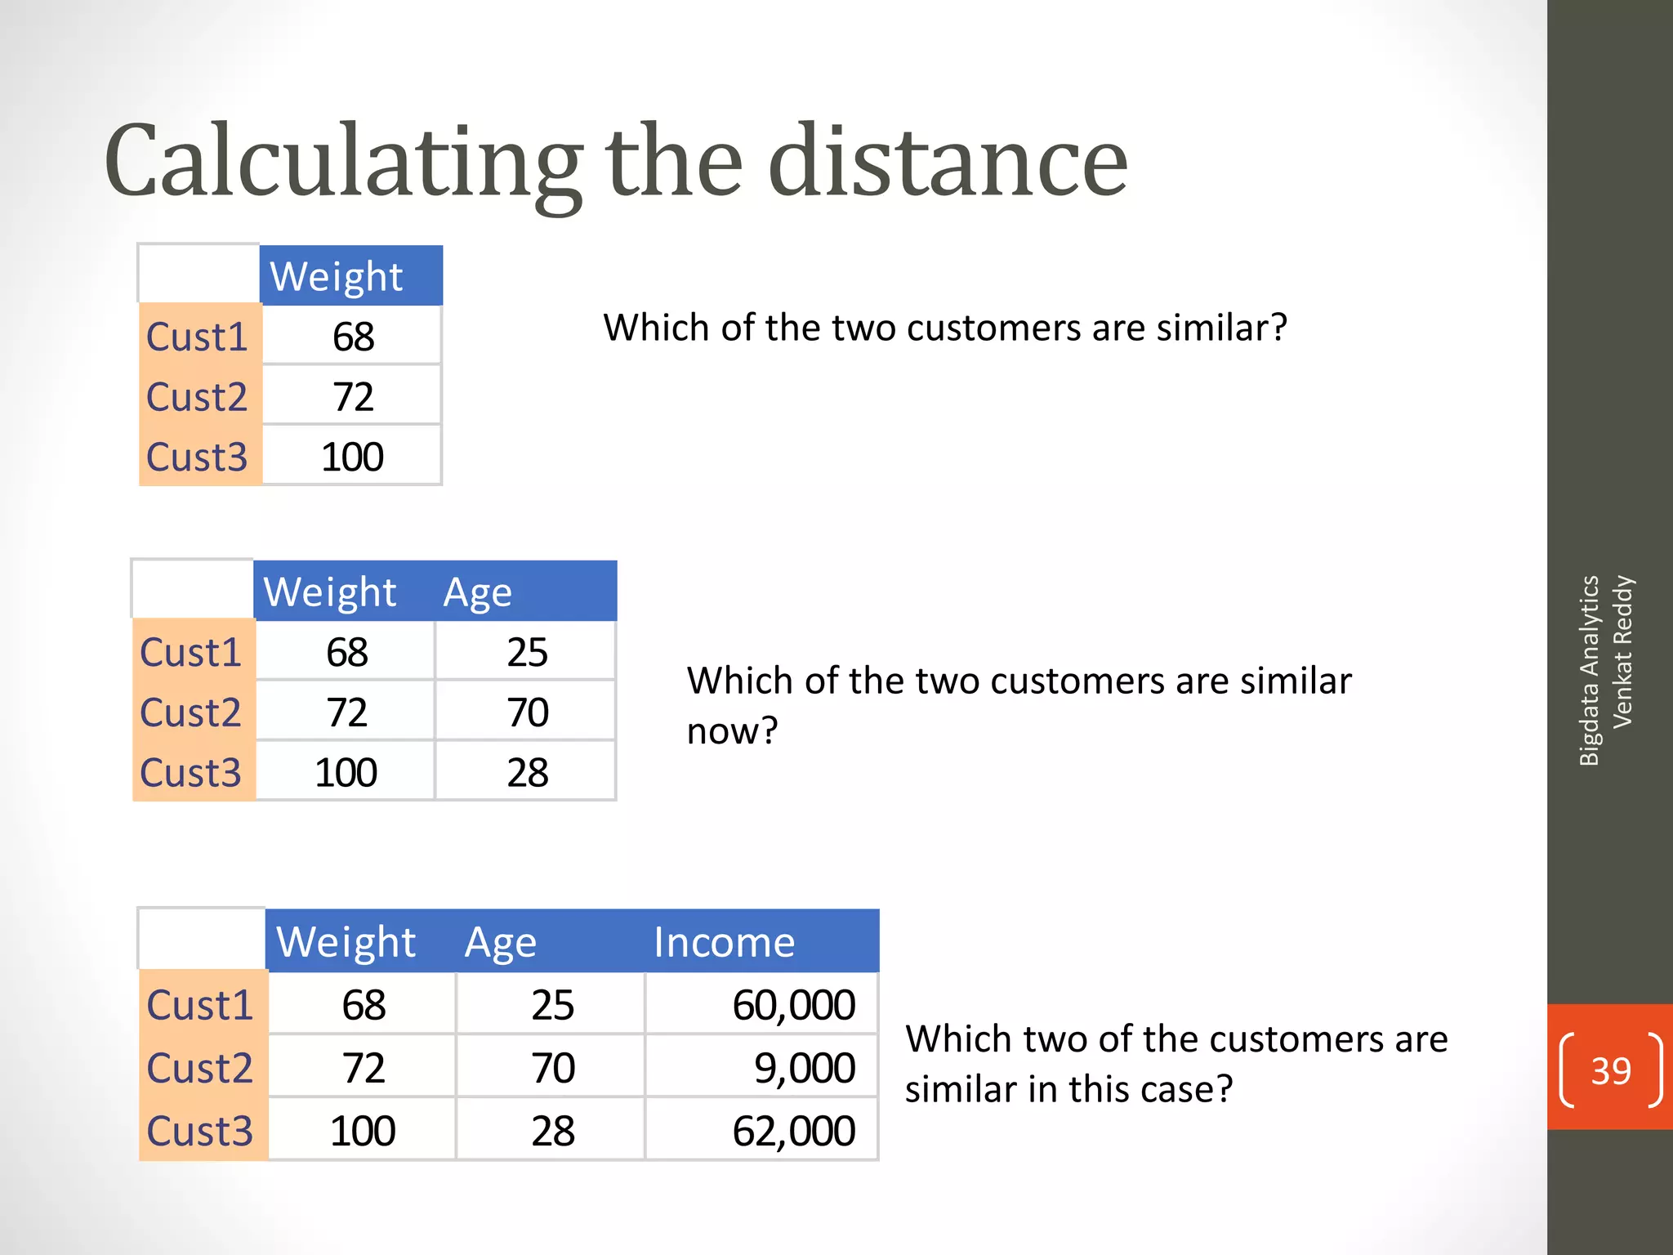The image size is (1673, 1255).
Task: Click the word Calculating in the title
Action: coord(343,162)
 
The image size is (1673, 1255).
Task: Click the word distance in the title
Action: coord(948,162)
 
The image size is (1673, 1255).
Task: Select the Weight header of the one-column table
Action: coord(337,276)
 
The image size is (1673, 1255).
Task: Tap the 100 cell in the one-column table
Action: coord(352,457)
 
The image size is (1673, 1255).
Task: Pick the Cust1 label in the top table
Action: coord(197,337)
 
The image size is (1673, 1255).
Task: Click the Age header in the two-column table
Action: coord(477,592)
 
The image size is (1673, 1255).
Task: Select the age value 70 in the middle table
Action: coord(527,712)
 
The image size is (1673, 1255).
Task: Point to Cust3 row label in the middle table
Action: coord(190,773)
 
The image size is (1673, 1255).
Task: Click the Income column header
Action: coord(724,942)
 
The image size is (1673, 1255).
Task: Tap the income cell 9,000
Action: coord(804,1068)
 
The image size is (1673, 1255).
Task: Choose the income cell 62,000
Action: coord(793,1131)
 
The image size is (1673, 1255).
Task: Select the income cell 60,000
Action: coord(793,1005)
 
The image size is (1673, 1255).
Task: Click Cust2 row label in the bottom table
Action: coord(200,1068)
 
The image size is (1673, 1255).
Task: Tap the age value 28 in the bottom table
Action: coord(553,1131)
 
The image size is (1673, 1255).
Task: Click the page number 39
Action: coord(1610,1070)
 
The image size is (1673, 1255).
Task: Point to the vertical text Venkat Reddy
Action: coord(1622,652)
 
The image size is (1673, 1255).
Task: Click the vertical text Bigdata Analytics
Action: coord(1589,670)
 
